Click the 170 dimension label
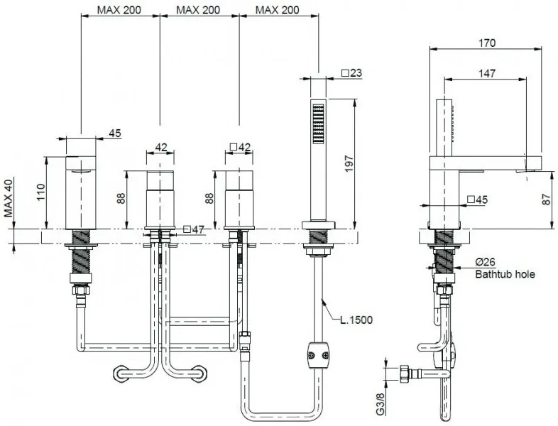pos(487,43)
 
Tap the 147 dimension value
pos(487,73)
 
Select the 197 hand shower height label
pos(349,163)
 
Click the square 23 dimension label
pos(351,73)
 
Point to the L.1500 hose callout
pos(356,320)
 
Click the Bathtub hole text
pos(505,274)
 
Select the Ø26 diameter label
pos(486,262)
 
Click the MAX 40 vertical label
pos(9,198)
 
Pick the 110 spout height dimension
pos(41,192)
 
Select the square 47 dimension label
pos(194,229)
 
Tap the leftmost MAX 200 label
pos(119,10)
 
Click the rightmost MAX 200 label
pos(277,10)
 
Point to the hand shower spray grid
pos(318,124)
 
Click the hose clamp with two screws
pos(318,355)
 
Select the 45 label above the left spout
pos(114,133)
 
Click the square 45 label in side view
pos(477,200)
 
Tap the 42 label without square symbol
pos(161,148)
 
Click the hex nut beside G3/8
pos(405,373)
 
